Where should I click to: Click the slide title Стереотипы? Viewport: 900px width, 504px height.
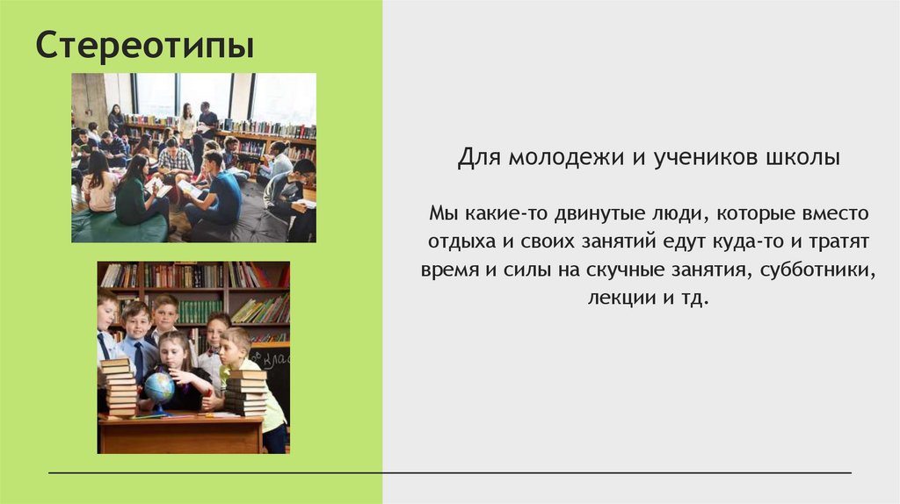pyautogui.click(x=144, y=47)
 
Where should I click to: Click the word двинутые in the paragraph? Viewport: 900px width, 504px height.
pyautogui.click(x=577, y=213)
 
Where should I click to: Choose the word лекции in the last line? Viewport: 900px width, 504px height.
pyautogui.click(x=621, y=298)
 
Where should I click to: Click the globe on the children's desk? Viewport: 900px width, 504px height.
pyautogui.click(x=159, y=387)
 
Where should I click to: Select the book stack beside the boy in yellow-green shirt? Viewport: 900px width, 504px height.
pyautogui.click(x=246, y=391)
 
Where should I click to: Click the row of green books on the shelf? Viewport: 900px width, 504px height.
pyautogui.click(x=200, y=310)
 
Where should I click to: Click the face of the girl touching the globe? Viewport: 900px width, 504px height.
pyautogui.click(x=175, y=349)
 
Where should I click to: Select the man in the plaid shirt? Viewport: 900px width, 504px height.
pyautogui.click(x=176, y=157)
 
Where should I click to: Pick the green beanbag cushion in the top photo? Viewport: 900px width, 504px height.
pyautogui.click(x=119, y=227)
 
